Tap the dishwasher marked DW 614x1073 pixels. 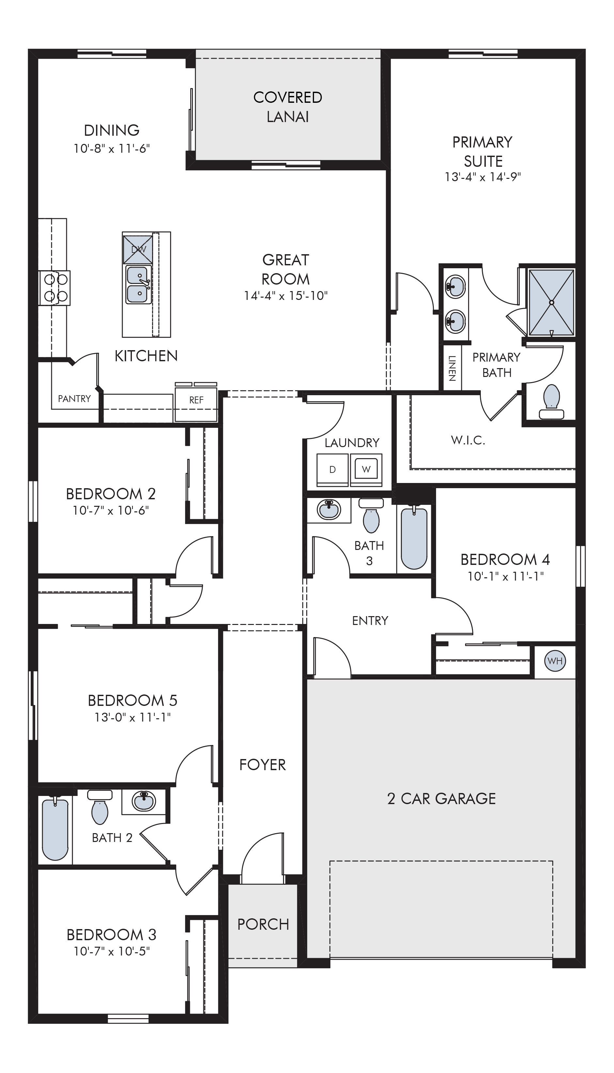click(x=138, y=250)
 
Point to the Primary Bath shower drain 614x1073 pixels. click(x=551, y=302)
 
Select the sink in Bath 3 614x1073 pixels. click(x=329, y=510)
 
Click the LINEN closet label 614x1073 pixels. click(x=452, y=368)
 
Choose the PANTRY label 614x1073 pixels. click(x=74, y=399)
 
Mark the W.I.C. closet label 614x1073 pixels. click(x=468, y=441)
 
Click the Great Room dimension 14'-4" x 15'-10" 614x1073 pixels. click(x=286, y=296)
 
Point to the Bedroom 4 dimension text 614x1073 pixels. click(x=505, y=576)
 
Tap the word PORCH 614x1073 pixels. click(x=263, y=925)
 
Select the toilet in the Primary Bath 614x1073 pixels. click(x=552, y=402)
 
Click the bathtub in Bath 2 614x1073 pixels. click(x=55, y=829)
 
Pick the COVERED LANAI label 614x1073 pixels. click(x=288, y=107)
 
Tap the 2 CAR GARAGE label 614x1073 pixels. click(x=442, y=799)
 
